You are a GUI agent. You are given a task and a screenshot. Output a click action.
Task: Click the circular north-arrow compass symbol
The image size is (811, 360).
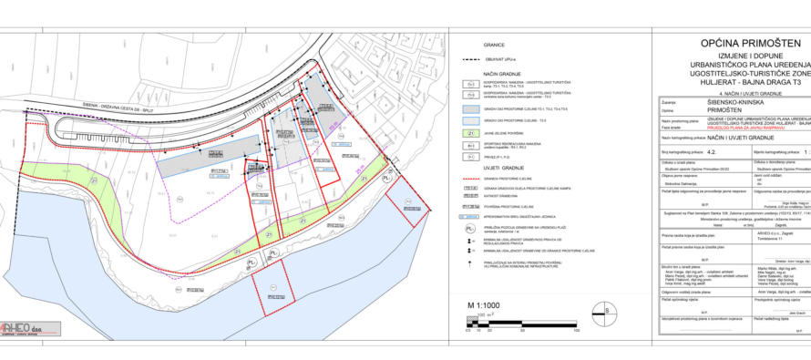click(x=601, y=337)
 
